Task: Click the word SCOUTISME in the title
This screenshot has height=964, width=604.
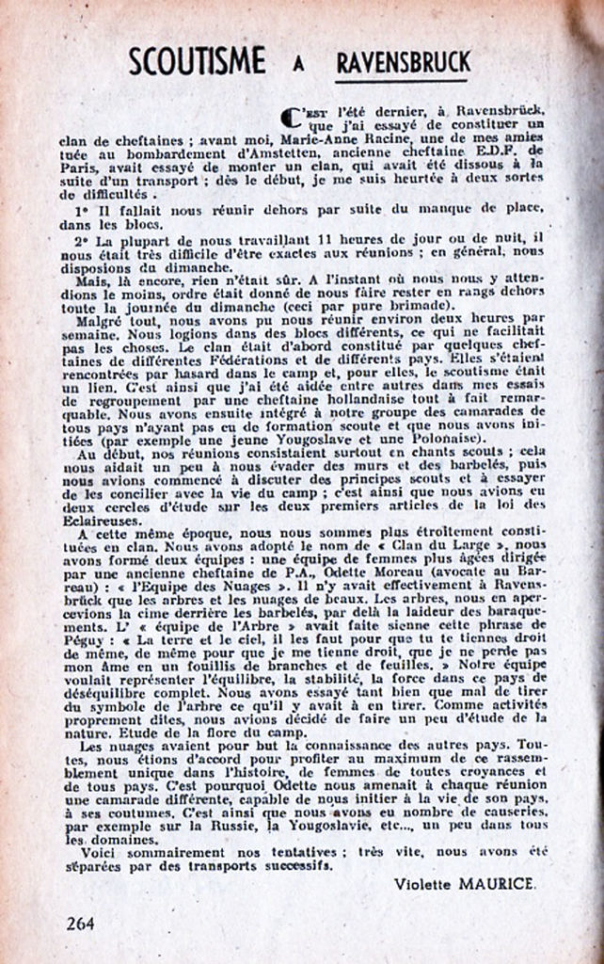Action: pos(196,61)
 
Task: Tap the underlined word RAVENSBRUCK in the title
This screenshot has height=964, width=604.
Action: pos(404,63)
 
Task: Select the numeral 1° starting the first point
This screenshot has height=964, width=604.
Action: pos(82,206)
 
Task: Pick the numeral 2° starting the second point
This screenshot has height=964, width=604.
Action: pos(81,239)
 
